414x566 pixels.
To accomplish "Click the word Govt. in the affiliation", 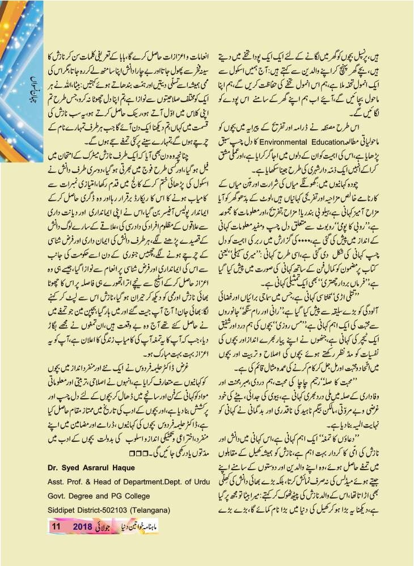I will [60, 499].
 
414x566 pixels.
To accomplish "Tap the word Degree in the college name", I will [87, 499].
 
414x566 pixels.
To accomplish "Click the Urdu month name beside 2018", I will [109, 526].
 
